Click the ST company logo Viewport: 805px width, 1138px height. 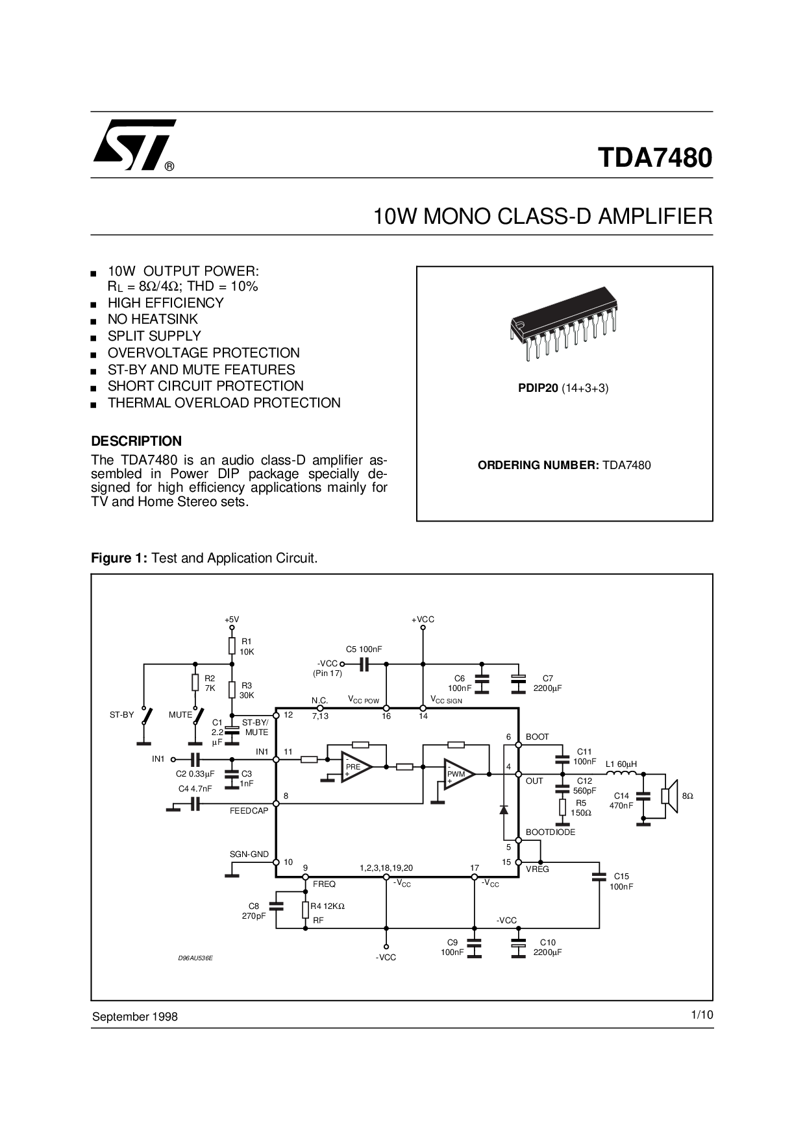pyautogui.click(x=134, y=145)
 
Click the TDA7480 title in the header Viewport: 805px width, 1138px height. pyautogui.click(x=654, y=158)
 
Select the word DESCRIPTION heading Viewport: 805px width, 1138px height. pyautogui.click(x=136, y=441)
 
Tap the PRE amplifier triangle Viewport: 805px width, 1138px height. pyautogui.click(x=356, y=767)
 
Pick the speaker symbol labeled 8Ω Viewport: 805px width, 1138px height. pyautogui.click(x=670, y=795)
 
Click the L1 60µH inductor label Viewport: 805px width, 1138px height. pyautogui.click(x=621, y=764)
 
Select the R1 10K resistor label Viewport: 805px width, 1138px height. pyautogui.click(x=247, y=646)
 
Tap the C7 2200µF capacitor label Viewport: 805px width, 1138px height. pyautogui.click(x=547, y=683)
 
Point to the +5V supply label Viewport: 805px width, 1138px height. pyautogui.click(x=232, y=620)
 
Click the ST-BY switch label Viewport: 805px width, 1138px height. pyautogui.click(x=121, y=714)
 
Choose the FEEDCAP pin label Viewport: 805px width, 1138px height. pyautogui.click(x=249, y=811)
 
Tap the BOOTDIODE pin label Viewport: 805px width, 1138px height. pyautogui.click(x=551, y=832)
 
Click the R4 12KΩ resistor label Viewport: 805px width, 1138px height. pyautogui.click(x=327, y=906)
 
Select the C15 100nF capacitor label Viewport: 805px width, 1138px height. pyautogui.click(x=621, y=881)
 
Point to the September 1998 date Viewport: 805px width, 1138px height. pyautogui.click(x=135, y=1017)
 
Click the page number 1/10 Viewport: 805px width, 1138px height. pyautogui.click(x=702, y=1015)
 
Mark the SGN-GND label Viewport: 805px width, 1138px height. pyautogui.click(x=249, y=854)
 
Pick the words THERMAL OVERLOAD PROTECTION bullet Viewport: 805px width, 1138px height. pyautogui.click(x=224, y=403)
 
